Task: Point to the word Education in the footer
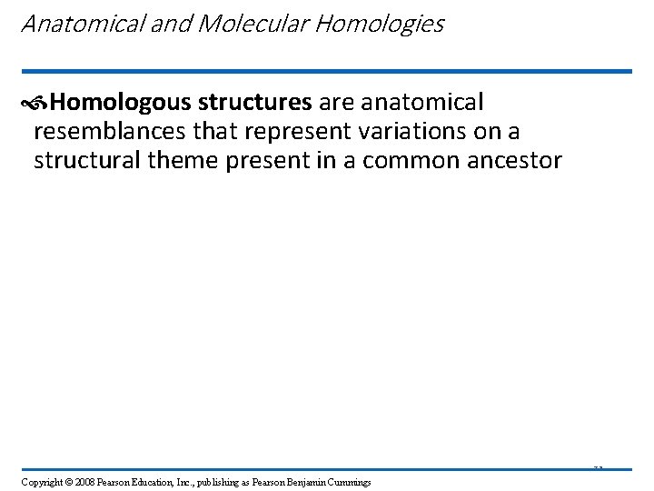pos(146,481)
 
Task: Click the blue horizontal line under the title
pos(326,71)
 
